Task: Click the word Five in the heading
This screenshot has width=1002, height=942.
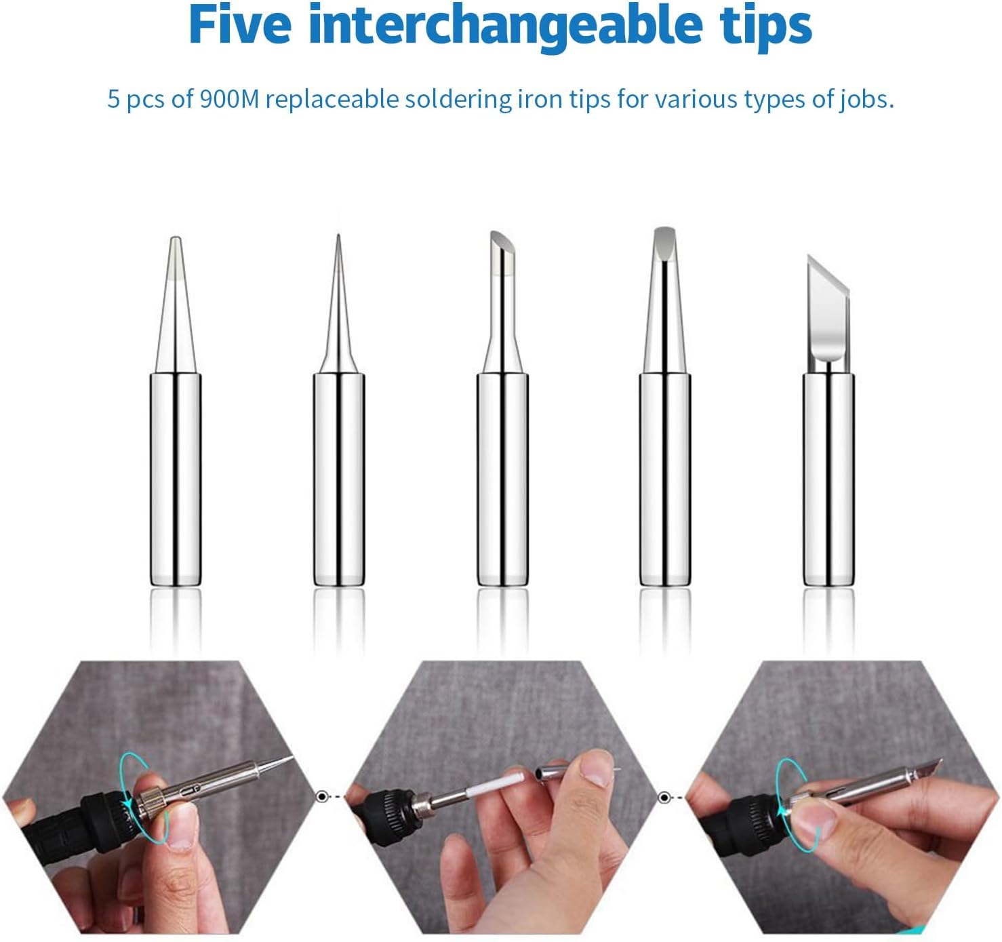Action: [240, 25]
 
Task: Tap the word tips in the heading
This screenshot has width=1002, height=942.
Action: [762, 28]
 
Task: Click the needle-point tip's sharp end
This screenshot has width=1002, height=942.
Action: [338, 236]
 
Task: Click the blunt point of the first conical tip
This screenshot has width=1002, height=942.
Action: [175, 239]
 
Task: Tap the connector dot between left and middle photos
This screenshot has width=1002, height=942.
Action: [321, 797]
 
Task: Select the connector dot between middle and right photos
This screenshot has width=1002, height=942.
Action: [664, 798]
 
